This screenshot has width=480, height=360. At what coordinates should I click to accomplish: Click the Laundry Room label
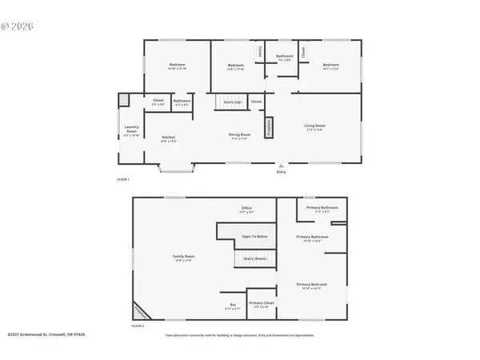[132, 129]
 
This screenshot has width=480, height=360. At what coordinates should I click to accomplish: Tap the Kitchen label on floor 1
[169, 138]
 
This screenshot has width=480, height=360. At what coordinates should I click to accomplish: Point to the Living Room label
[314, 126]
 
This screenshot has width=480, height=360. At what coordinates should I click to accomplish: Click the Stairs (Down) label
[254, 259]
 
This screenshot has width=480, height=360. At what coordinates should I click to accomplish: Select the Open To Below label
[254, 237]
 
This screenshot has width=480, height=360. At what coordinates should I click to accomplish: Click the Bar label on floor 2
[232, 305]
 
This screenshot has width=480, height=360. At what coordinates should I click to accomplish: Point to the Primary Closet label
[261, 304]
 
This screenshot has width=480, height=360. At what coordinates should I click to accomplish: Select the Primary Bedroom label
[314, 286]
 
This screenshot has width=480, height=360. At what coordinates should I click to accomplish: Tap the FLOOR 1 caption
[123, 179]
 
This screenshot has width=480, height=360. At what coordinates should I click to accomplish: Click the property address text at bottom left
[40, 335]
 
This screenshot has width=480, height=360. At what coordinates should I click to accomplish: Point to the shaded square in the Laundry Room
[124, 99]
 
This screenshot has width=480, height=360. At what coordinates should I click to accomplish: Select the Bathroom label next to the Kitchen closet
[182, 102]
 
